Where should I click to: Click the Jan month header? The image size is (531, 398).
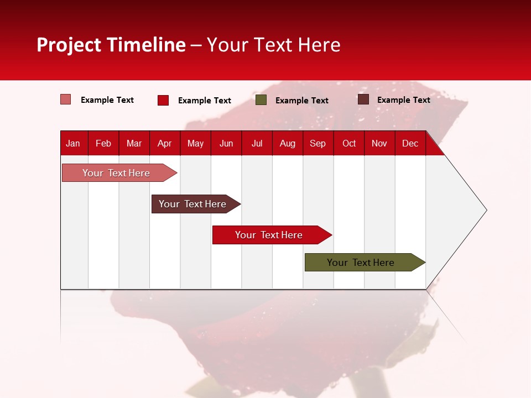click(73, 143)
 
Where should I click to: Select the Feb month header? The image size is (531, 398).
click(103, 143)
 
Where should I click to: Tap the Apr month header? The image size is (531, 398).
click(164, 143)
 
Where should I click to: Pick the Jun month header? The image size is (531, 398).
click(226, 143)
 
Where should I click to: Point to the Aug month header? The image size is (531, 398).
click(287, 143)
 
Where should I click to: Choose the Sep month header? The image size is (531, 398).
click(317, 143)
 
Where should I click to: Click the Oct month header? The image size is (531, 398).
click(349, 143)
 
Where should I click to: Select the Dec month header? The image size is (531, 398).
click(410, 143)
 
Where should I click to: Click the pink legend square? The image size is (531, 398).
click(65, 99)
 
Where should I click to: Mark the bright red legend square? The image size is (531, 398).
click(163, 100)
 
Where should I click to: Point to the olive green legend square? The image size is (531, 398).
click(261, 100)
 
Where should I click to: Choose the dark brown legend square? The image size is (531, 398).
click(363, 99)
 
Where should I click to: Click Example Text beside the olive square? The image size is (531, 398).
click(301, 100)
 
